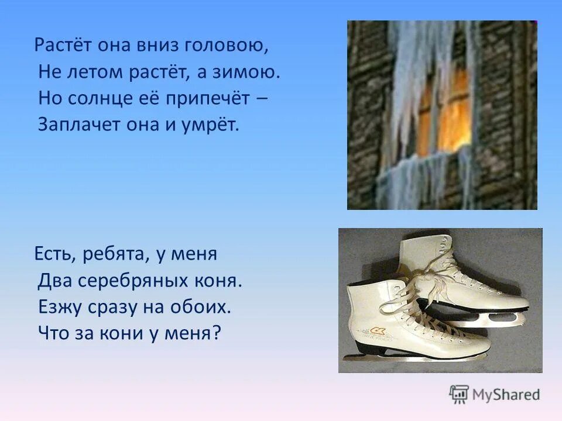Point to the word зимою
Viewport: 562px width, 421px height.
[249, 72]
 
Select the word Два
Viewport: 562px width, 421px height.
[54, 281]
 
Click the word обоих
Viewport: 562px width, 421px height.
[199, 307]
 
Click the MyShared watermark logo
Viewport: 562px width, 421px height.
[495, 395]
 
